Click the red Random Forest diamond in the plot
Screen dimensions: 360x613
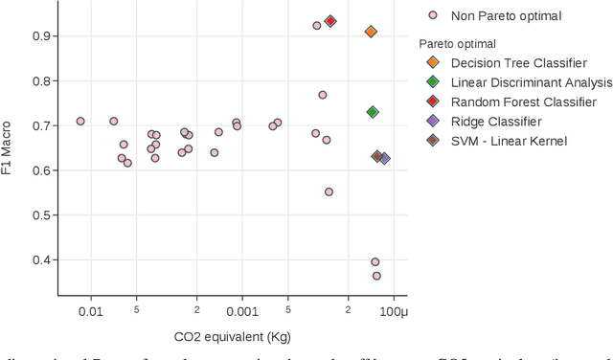click(x=330, y=21)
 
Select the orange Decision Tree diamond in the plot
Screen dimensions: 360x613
click(x=371, y=32)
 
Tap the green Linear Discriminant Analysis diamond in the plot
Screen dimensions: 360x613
click(x=373, y=112)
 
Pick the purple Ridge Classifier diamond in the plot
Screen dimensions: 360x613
click(x=384, y=158)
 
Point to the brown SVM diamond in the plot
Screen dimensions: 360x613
click(x=377, y=156)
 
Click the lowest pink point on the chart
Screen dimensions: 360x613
click(x=376, y=276)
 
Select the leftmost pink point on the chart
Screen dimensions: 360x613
click(x=80, y=122)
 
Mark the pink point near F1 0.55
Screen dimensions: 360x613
click(x=329, y=191)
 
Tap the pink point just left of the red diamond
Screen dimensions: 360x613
click(x=317, y=26)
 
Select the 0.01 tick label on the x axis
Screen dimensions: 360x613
click(x=90, y=311)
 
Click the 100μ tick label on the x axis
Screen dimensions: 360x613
click(x=394, y=311)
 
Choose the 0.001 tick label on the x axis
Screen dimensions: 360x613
click(x=240, y=311)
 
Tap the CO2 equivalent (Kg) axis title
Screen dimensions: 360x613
click(x=232, y=337)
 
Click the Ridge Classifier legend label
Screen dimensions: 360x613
click(x=496, y=122)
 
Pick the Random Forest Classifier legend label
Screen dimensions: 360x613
click(x=523, y=101)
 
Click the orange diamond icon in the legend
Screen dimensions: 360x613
click(x=433, y=63)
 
